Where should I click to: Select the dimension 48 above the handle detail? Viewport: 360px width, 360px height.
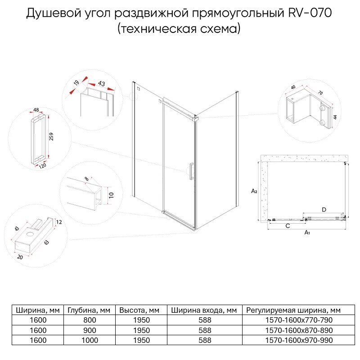[36, 109]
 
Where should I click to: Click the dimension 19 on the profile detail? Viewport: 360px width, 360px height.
[76, 82]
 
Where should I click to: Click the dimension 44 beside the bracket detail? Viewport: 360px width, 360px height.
[335, 117]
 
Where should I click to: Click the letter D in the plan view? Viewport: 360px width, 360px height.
[324, 209]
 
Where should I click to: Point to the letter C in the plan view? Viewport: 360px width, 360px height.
[287, 226]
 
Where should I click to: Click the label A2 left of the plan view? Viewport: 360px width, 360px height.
[254, 191]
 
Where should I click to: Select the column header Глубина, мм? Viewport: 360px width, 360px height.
[89, 310]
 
